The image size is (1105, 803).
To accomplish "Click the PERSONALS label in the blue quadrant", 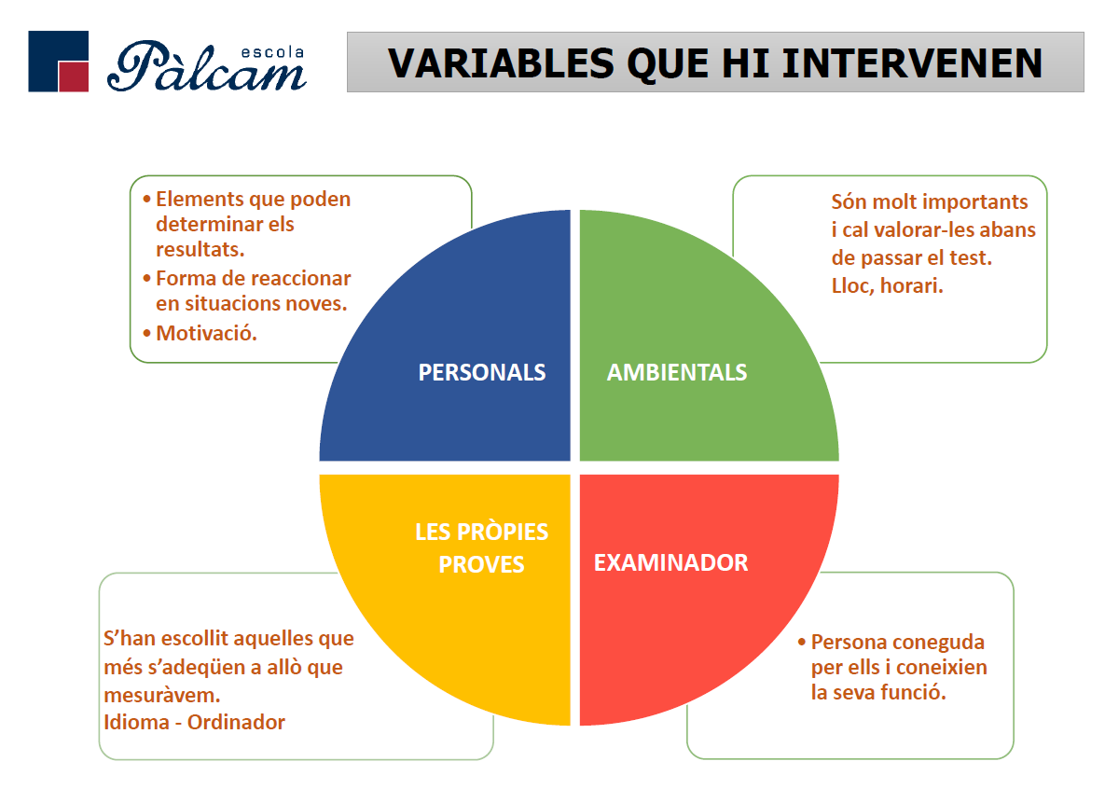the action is [x=482, y=372].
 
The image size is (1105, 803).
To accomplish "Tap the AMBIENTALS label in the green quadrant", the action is [x=677, y=372].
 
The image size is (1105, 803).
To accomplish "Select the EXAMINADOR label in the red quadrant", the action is [x=670, y=562].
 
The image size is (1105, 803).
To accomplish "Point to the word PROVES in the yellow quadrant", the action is [x=481, y=564].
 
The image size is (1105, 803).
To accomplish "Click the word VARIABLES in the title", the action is [x=501, y=62].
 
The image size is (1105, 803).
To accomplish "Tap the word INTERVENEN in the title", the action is [x=912, y=62].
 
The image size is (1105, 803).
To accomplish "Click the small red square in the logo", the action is [x=74, y=76].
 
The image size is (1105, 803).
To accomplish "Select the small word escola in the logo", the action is [x=272, y=53].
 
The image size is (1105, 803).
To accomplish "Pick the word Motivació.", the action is [x=206, y=333].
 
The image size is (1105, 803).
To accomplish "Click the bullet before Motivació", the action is [x=146, y=333].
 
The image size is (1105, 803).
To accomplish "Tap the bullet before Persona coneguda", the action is [x=802, y=642].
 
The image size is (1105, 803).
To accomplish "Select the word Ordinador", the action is [x=236, y=722].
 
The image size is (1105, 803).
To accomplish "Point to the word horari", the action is [x=912, y=285].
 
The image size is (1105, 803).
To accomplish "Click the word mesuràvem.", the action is [x=162, y=695].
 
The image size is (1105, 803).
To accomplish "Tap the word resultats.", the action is [x=200, y=249].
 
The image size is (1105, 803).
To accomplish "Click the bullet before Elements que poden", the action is [x=146, y=199].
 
